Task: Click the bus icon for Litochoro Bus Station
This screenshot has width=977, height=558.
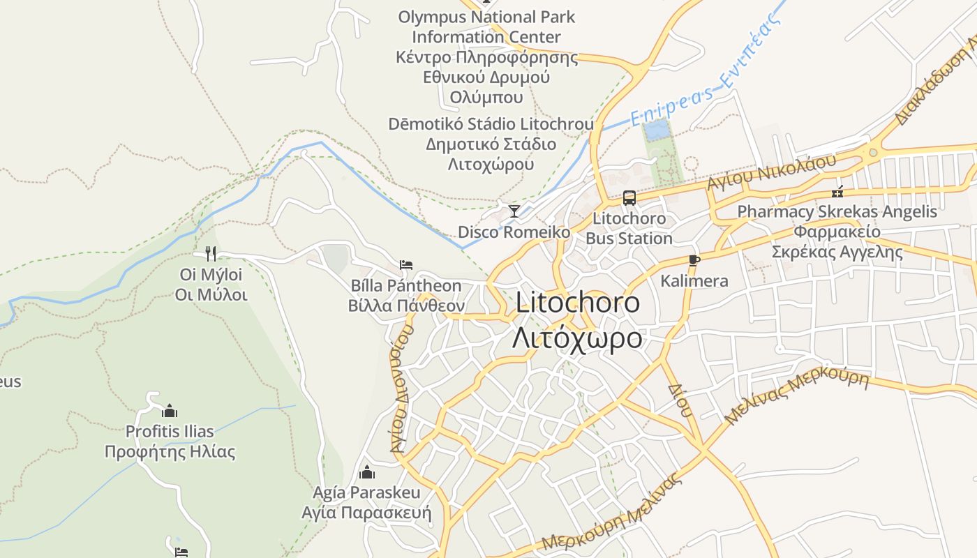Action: tap(629, 198)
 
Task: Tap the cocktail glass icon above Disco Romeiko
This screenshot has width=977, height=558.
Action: tap(514, 211)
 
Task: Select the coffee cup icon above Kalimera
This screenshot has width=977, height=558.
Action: tap(694, 260)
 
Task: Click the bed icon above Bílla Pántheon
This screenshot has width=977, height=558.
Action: tap(406, 264)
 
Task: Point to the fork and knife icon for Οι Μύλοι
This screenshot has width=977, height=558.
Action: tap(211, 253)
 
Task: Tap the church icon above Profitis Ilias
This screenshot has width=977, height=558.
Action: tap(170, 411)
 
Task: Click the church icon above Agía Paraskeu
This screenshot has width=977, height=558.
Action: tap(367, 472)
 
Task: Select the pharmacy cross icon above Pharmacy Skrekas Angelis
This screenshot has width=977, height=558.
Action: tap(837, 191)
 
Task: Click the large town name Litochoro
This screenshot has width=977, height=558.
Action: tap(578, 303)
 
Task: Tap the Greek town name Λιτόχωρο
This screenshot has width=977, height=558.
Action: tap(577, 338)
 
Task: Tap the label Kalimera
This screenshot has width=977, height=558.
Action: tap(694, 281)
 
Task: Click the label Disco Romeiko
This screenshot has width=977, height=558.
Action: tap(514, 232)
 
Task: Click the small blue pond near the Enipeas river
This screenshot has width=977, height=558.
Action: tap(655, 130)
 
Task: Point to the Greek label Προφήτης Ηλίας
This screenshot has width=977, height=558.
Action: tap(170, 452)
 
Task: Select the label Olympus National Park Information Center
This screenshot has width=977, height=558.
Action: tap(486, 27)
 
